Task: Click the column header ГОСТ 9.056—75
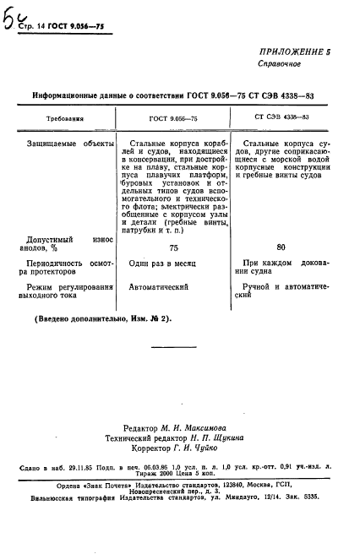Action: [173, 119]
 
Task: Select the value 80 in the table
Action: [281, 247]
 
